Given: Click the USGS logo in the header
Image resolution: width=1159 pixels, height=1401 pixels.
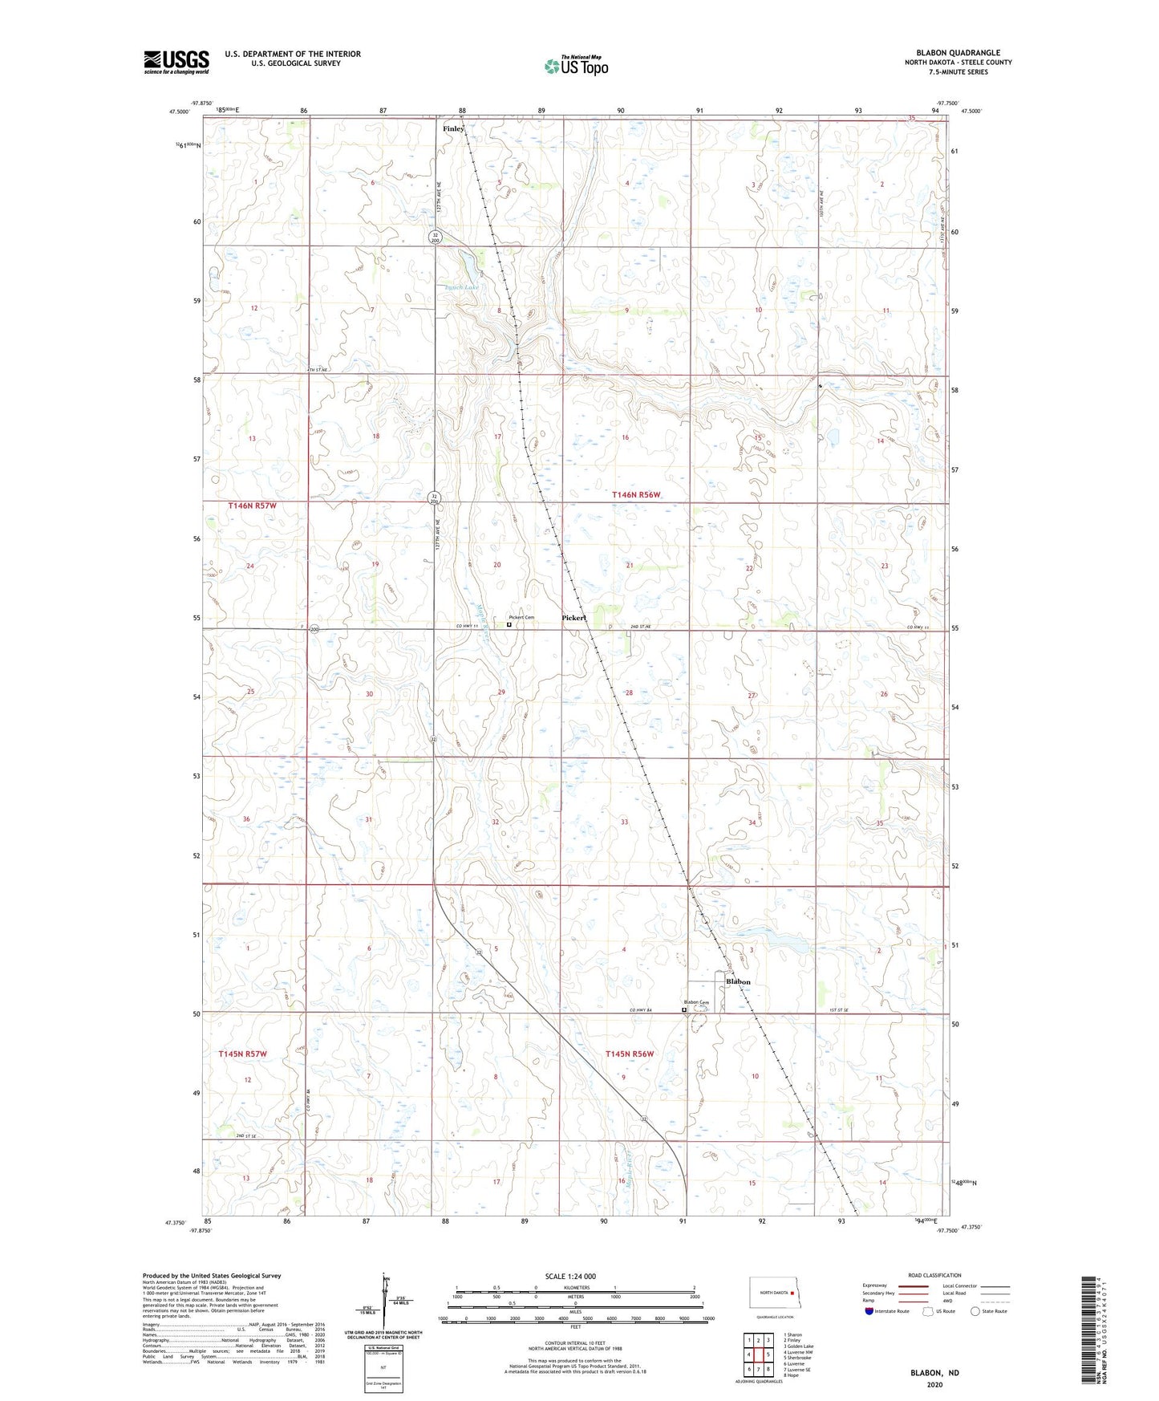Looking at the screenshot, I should (176, 62).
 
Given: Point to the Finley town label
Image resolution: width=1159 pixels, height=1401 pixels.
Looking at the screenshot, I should (453, 128).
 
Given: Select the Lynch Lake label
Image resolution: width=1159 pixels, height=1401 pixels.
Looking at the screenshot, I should (461, 287).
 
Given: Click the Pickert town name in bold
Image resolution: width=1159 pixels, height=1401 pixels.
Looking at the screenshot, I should (574, 618).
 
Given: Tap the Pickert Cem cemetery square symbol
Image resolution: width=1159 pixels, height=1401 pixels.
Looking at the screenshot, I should (509, 623).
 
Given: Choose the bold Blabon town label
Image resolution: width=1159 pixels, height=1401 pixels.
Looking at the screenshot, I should (738, 981).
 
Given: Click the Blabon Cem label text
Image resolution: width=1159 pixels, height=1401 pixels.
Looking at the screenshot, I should (696, 1002).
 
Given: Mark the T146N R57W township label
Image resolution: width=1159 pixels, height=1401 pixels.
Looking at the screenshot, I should (252, 506).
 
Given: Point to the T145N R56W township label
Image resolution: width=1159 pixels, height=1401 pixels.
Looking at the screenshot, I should (630, 1054).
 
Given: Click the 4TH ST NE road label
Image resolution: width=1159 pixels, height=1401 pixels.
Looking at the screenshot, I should (319, 370).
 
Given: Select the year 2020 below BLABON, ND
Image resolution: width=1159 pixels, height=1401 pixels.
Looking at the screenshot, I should (934, 1384).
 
